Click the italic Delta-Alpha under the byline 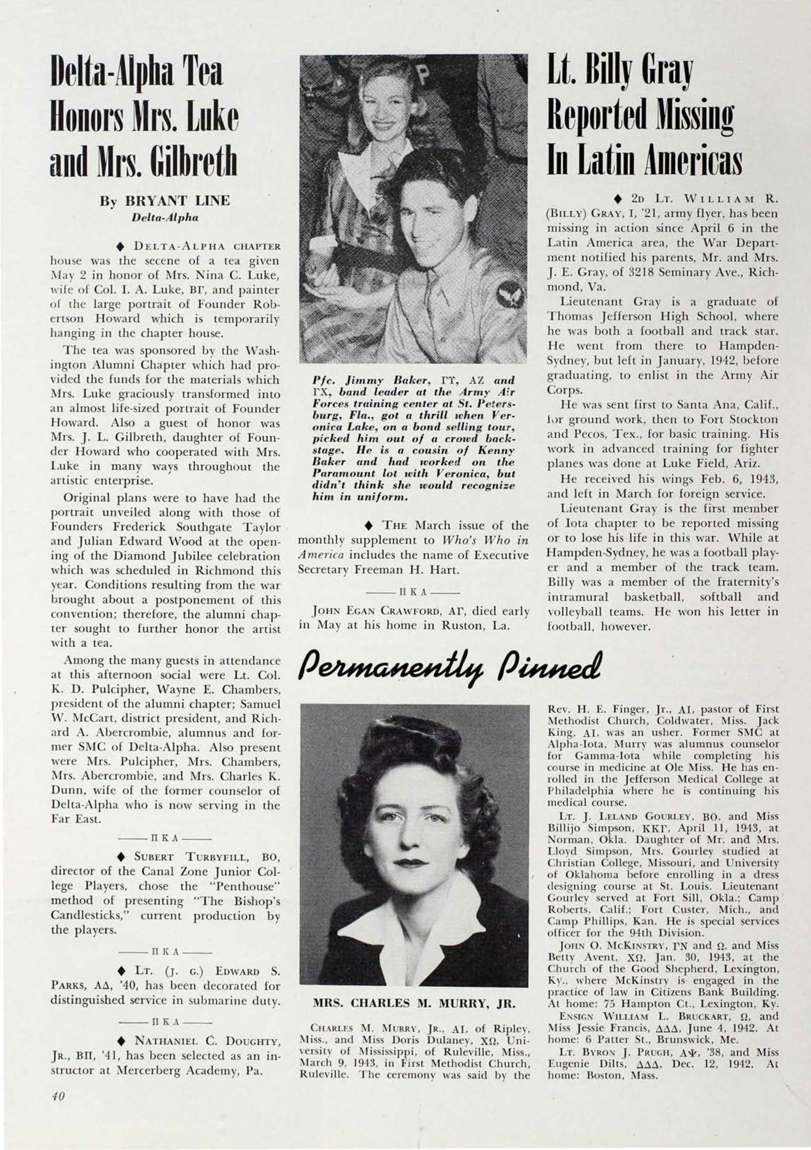click(x=165, y=218)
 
